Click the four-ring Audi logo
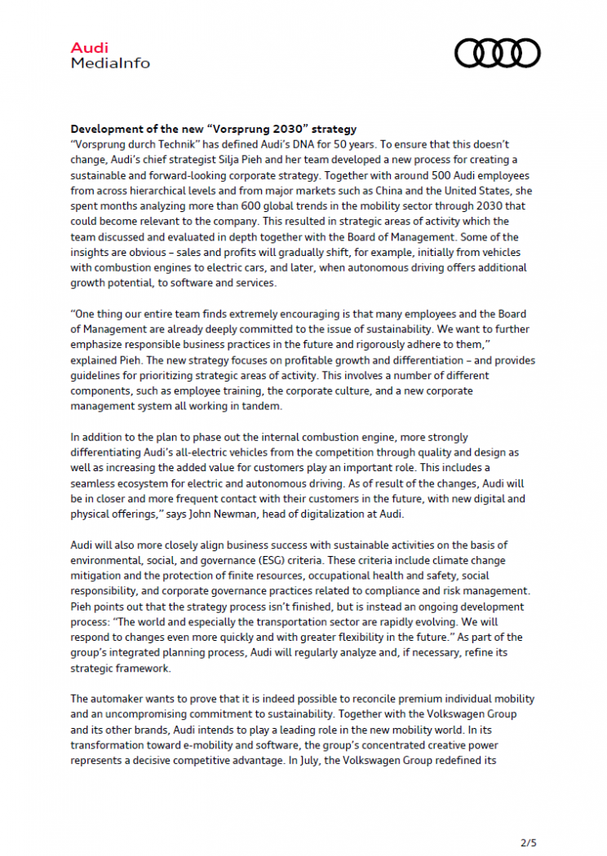[497, 53]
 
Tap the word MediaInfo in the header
[110, 63]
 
